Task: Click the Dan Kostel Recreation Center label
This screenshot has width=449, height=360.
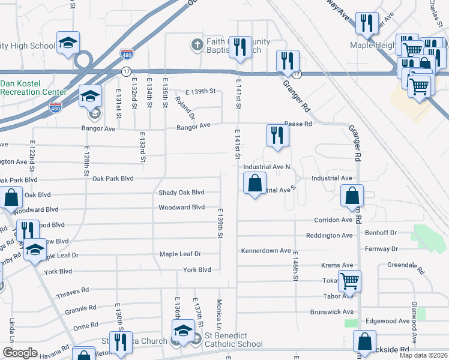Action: pos(34,88)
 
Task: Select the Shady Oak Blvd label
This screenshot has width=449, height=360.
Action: pos(181,193)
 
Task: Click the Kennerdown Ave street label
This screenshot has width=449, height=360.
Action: pos(265,251)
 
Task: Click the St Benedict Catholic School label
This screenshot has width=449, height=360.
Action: pos(234,340)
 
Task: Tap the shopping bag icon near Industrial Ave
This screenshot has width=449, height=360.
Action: pos(255,182)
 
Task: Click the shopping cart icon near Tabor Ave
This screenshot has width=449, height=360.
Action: pos(349,280)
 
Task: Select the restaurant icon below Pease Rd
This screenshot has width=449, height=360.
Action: pos(277,134)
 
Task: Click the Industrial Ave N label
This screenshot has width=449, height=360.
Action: pos(267,167)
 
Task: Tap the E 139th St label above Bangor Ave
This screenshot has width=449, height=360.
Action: pos(200,91)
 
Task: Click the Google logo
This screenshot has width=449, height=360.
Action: pos(20,353)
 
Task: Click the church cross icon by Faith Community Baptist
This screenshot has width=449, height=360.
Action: pos(197,44)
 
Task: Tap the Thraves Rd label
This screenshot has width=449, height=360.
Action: pos(73,290)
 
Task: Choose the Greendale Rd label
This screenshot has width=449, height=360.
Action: pos(391,265)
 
